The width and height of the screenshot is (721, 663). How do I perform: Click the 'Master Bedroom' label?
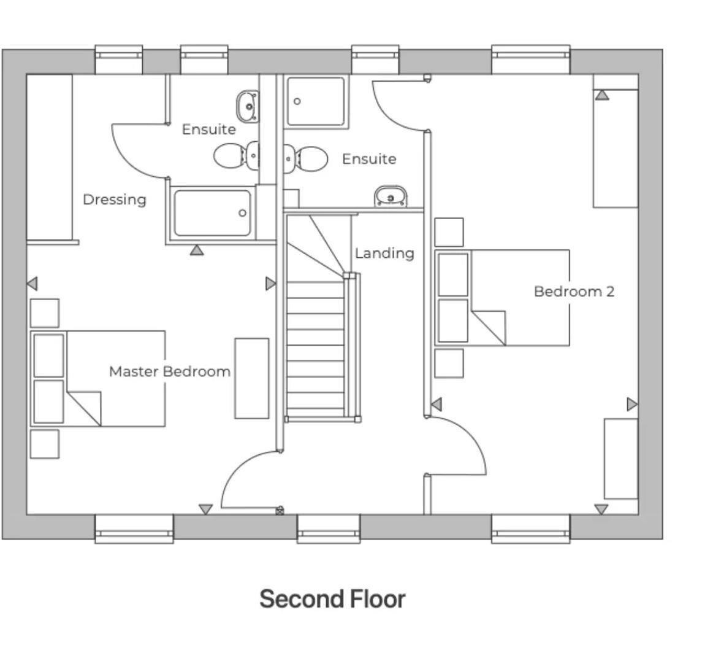tap(170, 371)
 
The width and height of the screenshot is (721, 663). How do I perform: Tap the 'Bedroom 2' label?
tap(574, 291)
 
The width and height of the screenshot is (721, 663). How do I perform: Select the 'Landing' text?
tap(384, 253)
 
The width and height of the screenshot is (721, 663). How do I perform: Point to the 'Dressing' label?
tap(115, 200)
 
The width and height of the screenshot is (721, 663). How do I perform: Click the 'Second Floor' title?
tap(332, 599)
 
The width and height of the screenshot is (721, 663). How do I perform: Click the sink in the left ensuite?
tap(248, 106)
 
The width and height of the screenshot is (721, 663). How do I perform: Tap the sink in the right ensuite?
tap(391, 196)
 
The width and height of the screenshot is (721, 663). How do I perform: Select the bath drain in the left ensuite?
tap(243, 213)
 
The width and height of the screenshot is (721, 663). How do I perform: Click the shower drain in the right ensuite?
tap(297, 101)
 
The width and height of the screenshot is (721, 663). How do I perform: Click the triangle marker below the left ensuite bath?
tap(196, 250)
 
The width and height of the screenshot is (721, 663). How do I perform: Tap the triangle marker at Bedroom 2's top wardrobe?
tap(602, 95)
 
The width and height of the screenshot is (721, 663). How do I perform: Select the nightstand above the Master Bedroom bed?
tap(45, 313)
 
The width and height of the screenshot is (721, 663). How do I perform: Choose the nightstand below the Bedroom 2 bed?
tap(449, 363)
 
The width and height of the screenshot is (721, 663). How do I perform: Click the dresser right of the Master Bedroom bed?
tap(252, 378)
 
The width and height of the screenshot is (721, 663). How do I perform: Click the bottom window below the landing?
tap(328, 528)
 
